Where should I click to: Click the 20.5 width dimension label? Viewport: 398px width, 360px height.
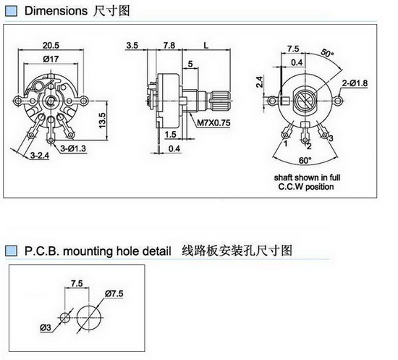point(51,45)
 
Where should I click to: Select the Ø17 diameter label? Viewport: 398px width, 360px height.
point(51,59)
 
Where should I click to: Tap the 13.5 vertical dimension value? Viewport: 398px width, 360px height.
point(102,120)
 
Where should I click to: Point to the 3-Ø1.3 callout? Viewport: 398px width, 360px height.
point(73,148)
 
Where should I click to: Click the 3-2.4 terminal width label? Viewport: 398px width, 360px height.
point(40,155)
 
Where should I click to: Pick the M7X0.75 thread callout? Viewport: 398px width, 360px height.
point(213,122)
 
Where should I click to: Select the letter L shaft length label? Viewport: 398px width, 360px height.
point(206,46)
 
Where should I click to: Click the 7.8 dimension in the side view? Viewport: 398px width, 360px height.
point(169,45)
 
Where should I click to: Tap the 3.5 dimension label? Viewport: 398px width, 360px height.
point(132,45)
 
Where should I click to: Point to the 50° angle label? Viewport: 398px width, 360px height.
point(327,53)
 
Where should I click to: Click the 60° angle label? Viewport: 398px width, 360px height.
point(305,160)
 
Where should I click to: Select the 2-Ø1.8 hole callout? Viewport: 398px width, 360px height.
point(355,83)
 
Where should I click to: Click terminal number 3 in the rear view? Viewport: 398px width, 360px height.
point(331,138)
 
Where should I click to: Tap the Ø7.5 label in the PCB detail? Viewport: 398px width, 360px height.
point(114,293)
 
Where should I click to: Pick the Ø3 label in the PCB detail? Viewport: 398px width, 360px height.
point(46,327)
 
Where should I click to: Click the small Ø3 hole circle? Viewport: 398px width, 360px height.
point(65,317)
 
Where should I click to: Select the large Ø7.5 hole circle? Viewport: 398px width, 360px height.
point(89,318)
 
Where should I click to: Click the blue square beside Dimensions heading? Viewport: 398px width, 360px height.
point(11,11)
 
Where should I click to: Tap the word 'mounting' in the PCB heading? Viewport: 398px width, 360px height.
point(88,251)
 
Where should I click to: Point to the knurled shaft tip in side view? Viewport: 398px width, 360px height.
point(221,101)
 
